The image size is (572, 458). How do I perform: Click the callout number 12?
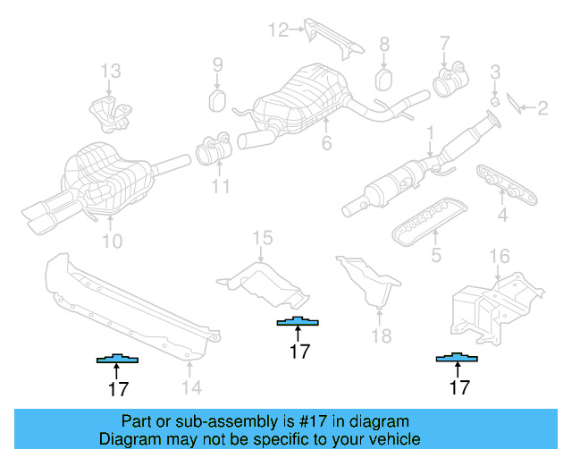click(278, 30)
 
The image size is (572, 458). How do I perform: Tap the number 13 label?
click(109, 70)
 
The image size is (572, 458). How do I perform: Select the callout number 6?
click(327, 143)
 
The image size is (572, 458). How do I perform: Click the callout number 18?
click(382, 336)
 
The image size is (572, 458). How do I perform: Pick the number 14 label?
click(191, 387)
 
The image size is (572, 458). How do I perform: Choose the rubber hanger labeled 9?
click(217, 98)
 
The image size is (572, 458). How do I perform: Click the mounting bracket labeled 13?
click(109, 112)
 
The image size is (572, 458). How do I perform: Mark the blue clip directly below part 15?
click(298, 322)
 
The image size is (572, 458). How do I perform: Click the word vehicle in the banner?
click(391, 439)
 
